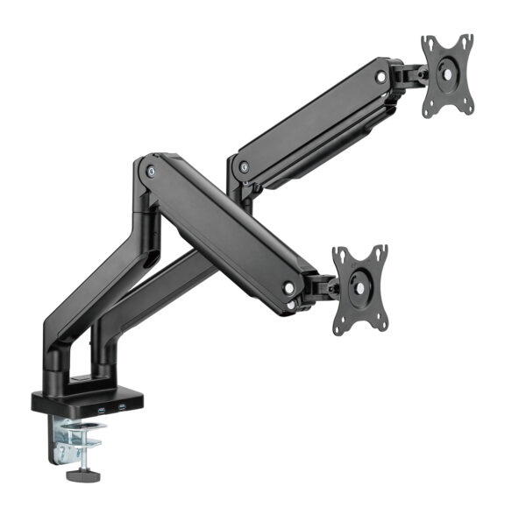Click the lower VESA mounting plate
(359, 288)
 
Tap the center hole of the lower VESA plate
(361, 288)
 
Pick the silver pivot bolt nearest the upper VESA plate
(381, 77)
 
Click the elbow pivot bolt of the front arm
(153, 172)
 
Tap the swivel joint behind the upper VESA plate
(409, 77)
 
